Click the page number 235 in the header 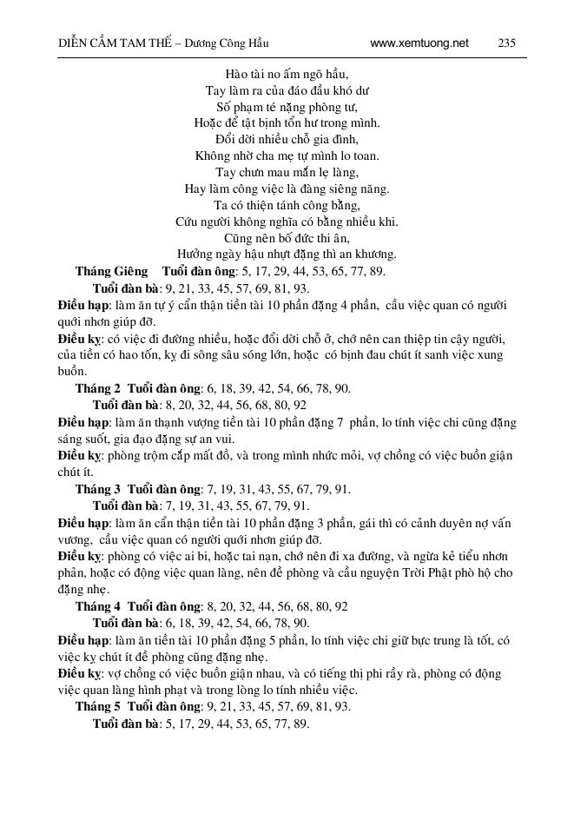pos(508,43)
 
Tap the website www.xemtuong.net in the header pos(419,43)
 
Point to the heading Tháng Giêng pos(111,271)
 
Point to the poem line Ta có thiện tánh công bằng pos(287,205)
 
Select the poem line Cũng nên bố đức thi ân pos(287,238)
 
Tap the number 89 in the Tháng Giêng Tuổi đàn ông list pos(377,271)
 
